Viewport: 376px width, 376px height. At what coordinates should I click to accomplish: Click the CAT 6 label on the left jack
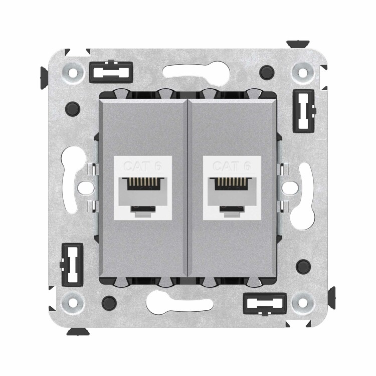[x=143, y=166]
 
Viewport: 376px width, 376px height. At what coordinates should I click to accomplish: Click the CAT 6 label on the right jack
[x=232, y=166]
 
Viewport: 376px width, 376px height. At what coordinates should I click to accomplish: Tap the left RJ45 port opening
[x=143, y=196]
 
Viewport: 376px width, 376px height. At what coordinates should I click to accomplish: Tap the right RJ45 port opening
[x=232, y=196]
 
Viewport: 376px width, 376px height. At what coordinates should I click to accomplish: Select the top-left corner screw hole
[x=72, y=72]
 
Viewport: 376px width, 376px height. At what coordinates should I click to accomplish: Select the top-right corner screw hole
[x=303, y=72]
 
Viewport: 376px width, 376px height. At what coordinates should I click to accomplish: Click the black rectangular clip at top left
[x=111, y=72]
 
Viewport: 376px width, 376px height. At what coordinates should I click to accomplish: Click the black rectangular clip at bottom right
[x=265, y=304]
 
